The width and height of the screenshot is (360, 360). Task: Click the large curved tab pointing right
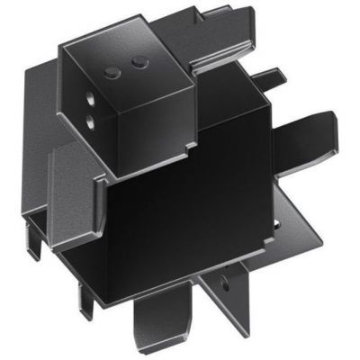(x=310, y=135)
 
